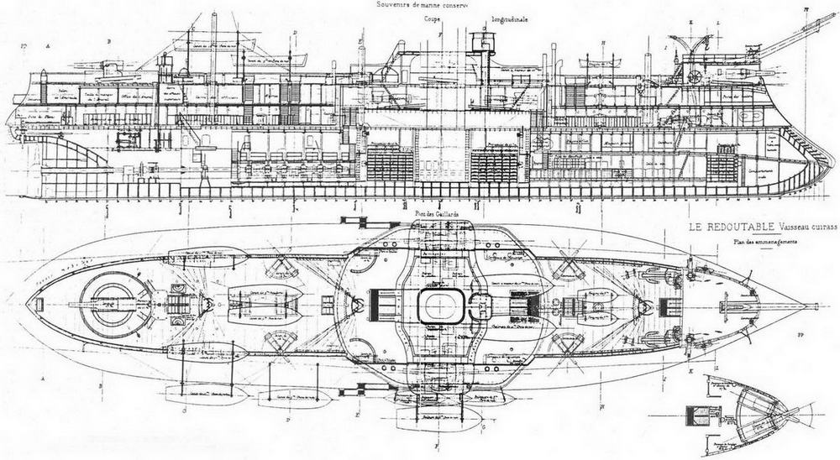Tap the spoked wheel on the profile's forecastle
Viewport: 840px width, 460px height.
pyautogui.click(x=694, y=76)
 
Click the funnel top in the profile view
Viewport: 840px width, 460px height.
pyautogui.click(x=481, y=34)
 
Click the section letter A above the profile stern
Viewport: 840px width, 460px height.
pyautogui.click(x=49, y=42)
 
